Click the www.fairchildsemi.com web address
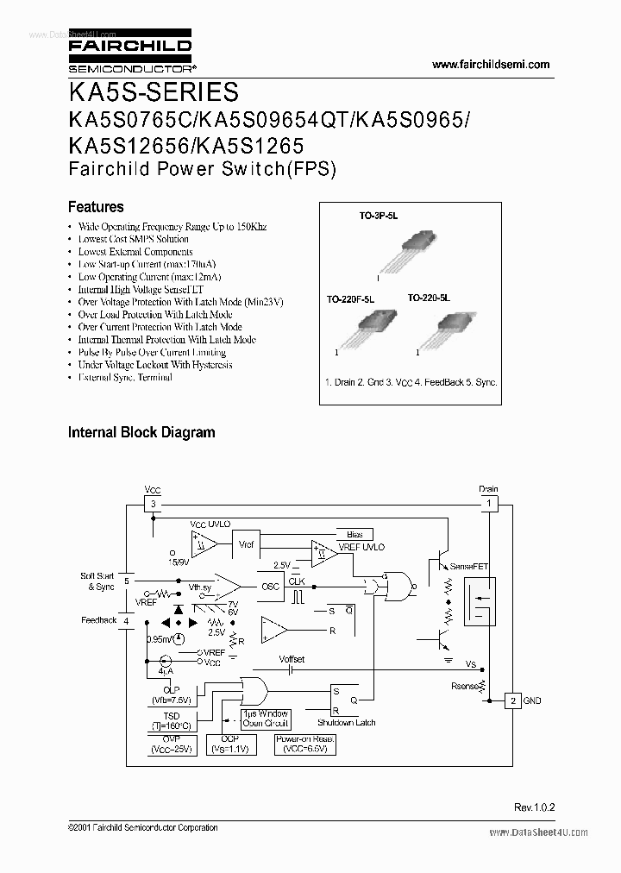coord(490,65)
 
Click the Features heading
coord(96,207)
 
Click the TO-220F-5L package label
coord(350,298)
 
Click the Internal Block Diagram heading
coord(141,432)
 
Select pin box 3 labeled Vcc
coord(153,503)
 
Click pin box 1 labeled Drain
coord(488,503)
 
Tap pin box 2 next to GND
coord(512,700)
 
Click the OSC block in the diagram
coord(270,587)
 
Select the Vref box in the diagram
coord(245,545)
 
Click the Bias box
coord(354,535)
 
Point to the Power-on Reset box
coord(304,744)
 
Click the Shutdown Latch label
coord(346,722)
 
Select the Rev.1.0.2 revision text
coord(535,807)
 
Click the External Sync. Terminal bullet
coord(124,378)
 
